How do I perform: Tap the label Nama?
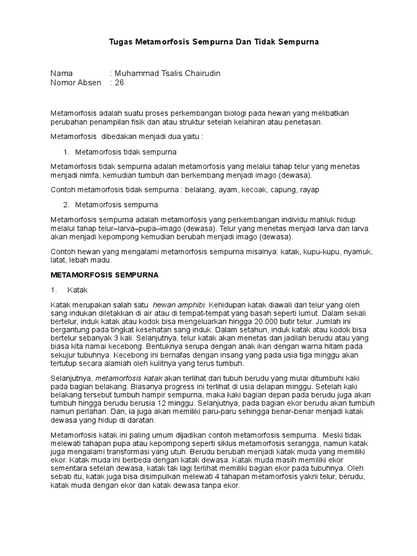pyautogui.click(x=61, y=73)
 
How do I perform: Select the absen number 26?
pyautogui.click(x=119, y=83)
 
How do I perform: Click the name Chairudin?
pyautogui.click(x=201, y=73)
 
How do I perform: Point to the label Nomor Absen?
pyautogui.click(x=75, y=83)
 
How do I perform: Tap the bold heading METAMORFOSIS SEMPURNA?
pyautogui.click(x=104, y=275)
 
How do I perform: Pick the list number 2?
pyautogui.click(x=66, y=205)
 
